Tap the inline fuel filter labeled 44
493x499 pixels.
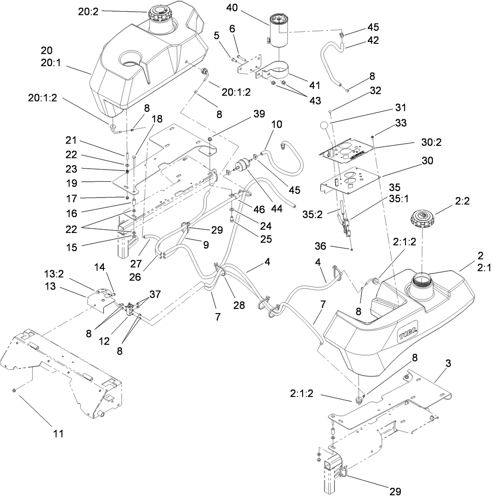point(242,166)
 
